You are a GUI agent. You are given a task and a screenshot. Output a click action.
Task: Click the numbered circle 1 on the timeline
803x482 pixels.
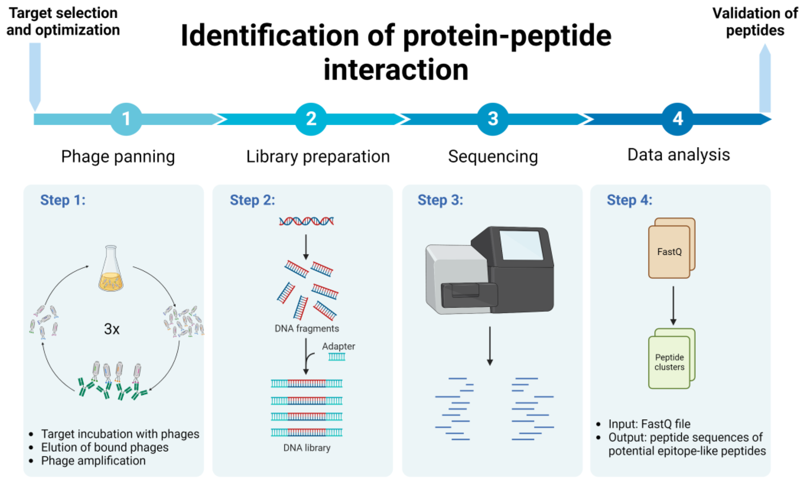click(x=126, y=119)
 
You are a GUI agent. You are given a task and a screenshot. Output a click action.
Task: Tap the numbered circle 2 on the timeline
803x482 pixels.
click(x=311, y=119)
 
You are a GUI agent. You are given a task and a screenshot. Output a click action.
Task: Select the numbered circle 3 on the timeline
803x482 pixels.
click(x=493, y=119)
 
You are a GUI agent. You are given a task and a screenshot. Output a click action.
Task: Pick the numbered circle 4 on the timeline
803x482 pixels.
click(x=677, y=119)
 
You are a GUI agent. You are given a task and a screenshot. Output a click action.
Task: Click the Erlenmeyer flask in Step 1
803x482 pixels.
click(x=111, y=270)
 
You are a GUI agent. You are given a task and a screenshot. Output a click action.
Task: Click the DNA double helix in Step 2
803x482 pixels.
click(x=306, y=222)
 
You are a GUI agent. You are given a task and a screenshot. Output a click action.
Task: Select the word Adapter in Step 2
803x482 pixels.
click(x=338, y=346)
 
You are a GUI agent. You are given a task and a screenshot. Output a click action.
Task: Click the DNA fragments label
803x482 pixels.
click(x=306, y=328)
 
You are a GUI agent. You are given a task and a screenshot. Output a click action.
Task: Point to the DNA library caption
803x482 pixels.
click(x=306, y=448)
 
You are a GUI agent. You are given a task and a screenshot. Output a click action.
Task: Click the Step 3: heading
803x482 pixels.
click(x=440, y=200)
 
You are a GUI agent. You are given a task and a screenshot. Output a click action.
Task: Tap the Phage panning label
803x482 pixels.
click(x=118, y=157)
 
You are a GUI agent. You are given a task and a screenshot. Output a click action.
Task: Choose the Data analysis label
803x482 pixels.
click(x=678, y=155)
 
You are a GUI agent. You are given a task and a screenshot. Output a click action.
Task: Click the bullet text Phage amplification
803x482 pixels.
click(x=93, y=461)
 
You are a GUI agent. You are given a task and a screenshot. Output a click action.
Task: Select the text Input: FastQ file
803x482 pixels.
click(x=649, y=424)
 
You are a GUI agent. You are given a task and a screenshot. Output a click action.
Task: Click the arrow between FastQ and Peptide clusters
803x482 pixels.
click(x=673, y=305)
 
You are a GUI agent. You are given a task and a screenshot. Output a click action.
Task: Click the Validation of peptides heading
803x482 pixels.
click(x=755, y=22)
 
